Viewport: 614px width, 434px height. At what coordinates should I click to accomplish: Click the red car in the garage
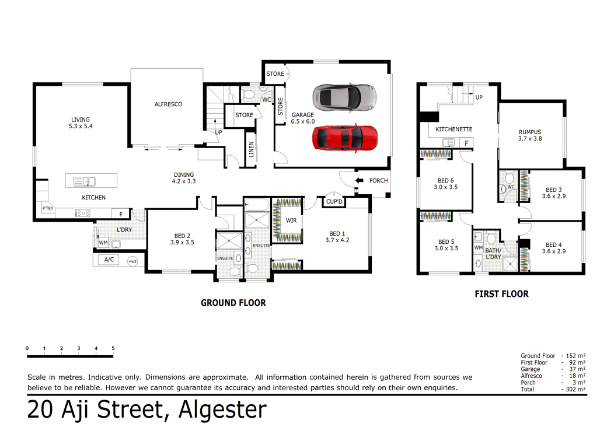345,138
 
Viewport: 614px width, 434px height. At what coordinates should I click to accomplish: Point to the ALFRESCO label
168,104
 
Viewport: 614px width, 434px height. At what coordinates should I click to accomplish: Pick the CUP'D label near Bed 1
334,202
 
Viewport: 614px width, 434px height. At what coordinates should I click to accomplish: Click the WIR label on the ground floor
291,221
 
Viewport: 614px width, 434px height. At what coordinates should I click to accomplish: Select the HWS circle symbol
132,261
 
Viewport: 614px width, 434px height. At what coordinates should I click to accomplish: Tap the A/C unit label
109,260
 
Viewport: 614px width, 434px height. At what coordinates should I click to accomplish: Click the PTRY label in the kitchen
47,208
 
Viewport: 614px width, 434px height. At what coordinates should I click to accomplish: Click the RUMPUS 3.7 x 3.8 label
530,135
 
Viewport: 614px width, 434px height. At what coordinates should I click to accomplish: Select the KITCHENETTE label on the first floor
453,129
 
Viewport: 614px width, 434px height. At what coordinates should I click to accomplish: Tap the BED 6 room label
446,184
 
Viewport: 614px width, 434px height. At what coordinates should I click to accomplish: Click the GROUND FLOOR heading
233,303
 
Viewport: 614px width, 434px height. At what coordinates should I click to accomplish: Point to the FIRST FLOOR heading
501,294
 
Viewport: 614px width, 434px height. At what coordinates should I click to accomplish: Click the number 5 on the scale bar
113,348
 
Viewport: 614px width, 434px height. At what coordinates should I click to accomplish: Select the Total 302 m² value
574,389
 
